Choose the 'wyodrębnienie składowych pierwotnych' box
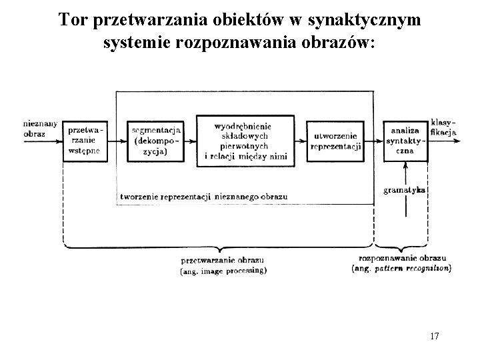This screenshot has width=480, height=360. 247,141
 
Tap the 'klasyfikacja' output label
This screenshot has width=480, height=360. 443,127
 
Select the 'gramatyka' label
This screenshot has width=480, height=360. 405,190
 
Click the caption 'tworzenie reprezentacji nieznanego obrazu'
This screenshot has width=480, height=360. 204,197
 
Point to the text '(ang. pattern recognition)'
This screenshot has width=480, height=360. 401,268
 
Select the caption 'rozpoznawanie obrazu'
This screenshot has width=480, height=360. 401,258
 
